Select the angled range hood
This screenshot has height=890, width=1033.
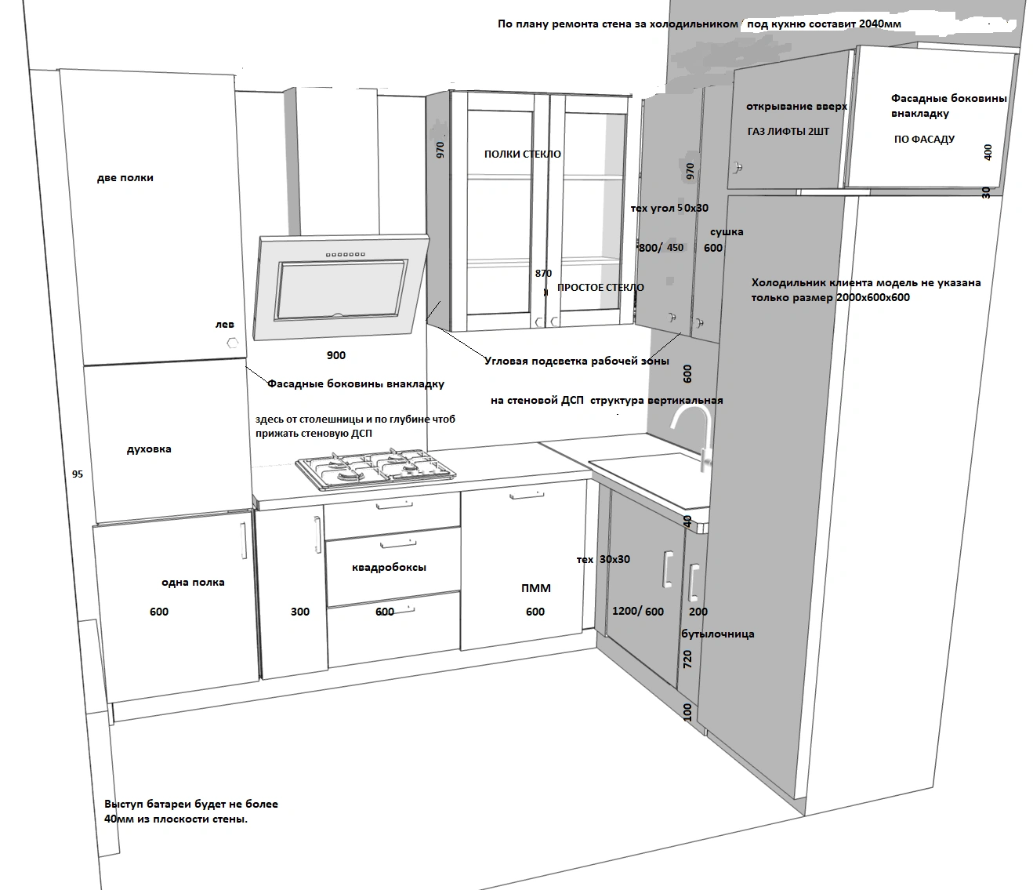(341, 288)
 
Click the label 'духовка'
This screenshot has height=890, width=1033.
(149, 449)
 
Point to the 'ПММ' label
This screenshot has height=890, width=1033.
(536, 588)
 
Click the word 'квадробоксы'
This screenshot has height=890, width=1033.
(389, 568)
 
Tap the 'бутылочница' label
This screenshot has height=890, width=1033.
(718, 634)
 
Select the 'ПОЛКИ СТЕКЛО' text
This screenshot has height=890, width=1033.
(522, 154)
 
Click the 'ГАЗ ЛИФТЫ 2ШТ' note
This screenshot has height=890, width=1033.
(788, 132)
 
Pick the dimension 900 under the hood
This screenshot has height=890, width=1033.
(335, 355)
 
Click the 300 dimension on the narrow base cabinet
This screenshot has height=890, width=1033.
(300, 612)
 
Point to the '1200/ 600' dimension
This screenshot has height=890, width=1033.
(638, 611)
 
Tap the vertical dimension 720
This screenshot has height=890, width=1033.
(687, 659)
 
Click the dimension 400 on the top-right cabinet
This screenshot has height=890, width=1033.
(988, 152)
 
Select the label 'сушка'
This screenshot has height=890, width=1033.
(727, 232)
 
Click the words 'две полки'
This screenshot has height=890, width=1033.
(125, 177)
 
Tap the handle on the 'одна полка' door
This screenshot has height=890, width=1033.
(244, 540)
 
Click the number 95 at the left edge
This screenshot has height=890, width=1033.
(78, 474)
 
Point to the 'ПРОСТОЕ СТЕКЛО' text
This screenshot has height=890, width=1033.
(600, 288)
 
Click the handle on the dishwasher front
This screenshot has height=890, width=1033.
(526, 496)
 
